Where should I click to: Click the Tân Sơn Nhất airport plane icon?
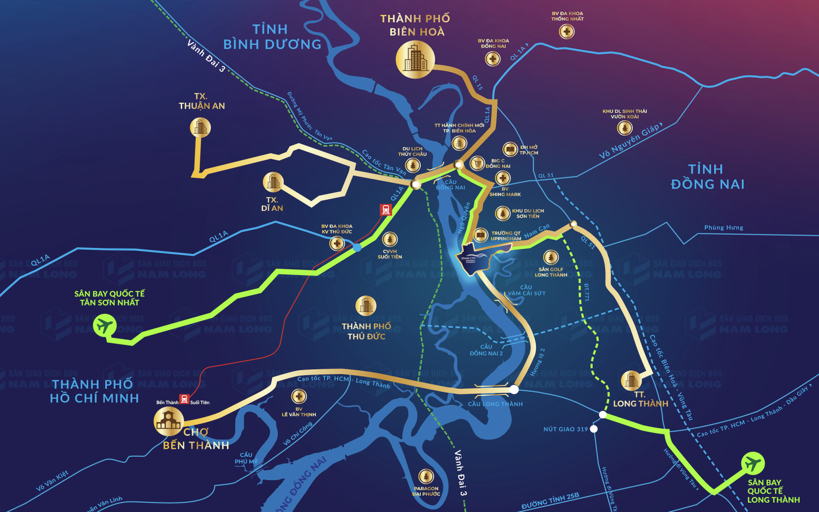[x=104, y=326]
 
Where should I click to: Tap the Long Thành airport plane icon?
[x=752, y=463]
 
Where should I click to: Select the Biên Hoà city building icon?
[x=415, y=59]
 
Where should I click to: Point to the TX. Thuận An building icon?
[x=200, y=127]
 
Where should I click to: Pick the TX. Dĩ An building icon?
[x=273, y=182]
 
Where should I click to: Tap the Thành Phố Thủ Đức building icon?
[x=365, y=306]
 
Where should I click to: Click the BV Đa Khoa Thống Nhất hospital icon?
[x=566, y=32]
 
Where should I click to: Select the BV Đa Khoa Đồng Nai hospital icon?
[x=492, y=59]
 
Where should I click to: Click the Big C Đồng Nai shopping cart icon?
[x=477, y=163]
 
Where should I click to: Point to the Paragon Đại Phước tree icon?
[x=426, y=477]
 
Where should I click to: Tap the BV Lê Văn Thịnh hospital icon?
[x=299, y=396]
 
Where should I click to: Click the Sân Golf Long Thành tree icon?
[x=551, y=257]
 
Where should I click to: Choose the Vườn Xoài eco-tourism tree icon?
[x=624, y=127]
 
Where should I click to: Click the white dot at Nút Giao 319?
[x=594, y=429]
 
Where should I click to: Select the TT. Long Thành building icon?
[x=631, y=380]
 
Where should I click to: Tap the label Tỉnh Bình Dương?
[x=272, y=37]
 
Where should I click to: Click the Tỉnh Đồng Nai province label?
[x=707, y=177]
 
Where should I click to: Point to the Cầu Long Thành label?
[x=495, y=404]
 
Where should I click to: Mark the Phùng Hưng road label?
[x=723, y=228]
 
